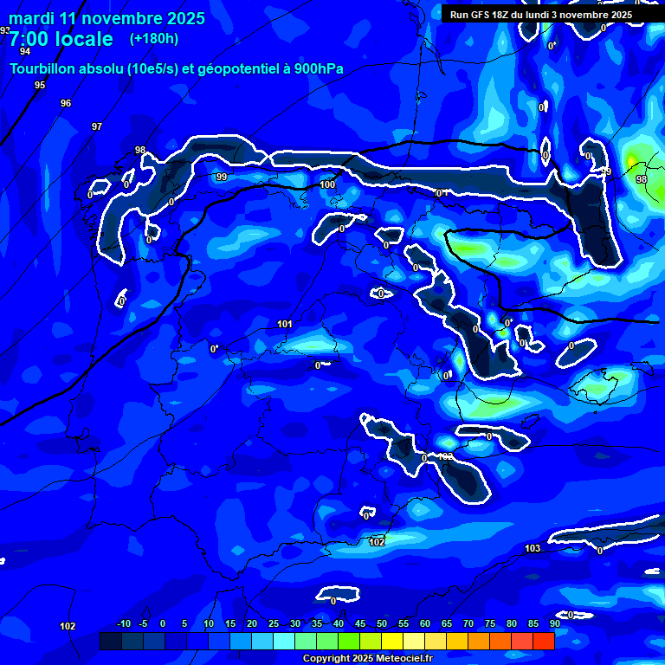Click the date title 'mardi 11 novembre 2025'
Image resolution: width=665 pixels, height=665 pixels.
tap(107, 18)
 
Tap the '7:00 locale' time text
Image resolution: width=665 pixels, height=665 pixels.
tap(61, 39)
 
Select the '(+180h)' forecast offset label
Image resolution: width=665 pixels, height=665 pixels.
tap(154, 39)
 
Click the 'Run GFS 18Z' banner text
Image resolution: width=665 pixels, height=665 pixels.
tap(481, 15)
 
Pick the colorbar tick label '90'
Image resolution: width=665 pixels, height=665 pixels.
tap(554, 624)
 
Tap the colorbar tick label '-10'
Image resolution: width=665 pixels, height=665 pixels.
tap(123, 624)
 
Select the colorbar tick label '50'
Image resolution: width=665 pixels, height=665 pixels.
tap(381, 624)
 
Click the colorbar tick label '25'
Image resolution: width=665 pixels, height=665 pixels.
tap(273, 624)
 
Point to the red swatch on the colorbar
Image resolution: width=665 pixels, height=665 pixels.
tap(543, 641)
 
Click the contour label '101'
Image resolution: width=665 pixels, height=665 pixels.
tap(285, 324)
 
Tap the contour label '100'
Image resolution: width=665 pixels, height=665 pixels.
tap(327, 184)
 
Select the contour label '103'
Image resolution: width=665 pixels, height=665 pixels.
tap(533, 548)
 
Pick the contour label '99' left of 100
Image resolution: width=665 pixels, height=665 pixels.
tap(222, 177)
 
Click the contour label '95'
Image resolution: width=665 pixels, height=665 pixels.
tap(40, 85)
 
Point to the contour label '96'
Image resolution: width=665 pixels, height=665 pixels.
tap(66, 103)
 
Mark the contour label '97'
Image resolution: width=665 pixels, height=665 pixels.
tap(97, 126)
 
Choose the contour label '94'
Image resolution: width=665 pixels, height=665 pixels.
tap(24, 51)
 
